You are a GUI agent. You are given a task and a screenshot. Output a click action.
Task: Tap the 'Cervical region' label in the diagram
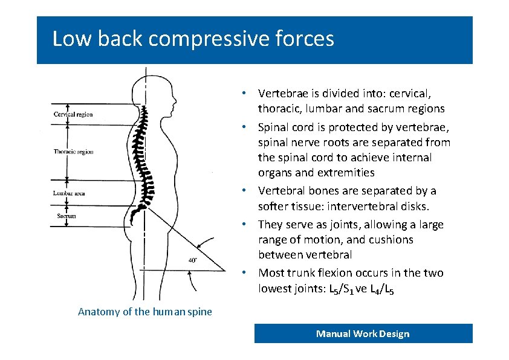click(x=73, y=114)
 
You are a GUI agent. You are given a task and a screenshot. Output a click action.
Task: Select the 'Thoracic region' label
click(x=73, y=152)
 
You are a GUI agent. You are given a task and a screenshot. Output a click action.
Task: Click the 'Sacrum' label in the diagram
click(x=66, y=216)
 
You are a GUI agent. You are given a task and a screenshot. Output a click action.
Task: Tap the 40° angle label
click(x=192, y=260)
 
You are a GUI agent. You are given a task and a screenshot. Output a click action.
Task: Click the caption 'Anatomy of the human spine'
click(x=145, y=312)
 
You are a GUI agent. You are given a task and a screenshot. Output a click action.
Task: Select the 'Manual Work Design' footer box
click(x=363, y=333)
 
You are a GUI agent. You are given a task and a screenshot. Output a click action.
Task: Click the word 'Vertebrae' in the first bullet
click(x=282, y=94)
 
